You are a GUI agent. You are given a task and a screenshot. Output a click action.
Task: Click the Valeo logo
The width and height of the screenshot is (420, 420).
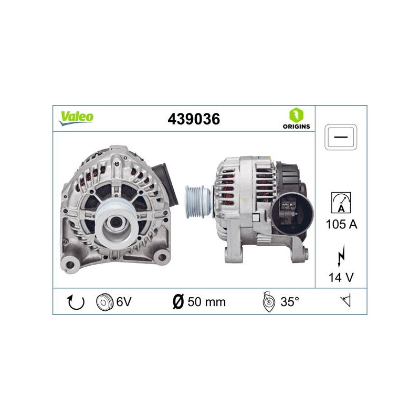click(x=76, y=118)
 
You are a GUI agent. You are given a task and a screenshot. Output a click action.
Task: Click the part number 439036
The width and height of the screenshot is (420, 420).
click(x=194, y=119)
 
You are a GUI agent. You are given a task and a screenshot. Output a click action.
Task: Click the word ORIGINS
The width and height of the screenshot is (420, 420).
click(x=296, y=127)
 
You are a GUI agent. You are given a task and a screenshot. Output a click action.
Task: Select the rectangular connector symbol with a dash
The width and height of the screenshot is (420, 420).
click(x=341, y=137)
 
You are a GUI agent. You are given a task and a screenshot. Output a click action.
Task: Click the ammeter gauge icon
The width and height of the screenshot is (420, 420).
click(x=341, y=203)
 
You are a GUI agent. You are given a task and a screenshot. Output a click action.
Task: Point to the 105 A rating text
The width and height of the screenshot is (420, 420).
click(x=342, y=224)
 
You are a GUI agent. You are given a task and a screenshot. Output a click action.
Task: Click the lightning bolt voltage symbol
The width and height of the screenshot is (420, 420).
click(x=341, y=256)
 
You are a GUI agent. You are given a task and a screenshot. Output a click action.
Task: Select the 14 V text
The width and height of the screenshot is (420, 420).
click(x=341, y=278)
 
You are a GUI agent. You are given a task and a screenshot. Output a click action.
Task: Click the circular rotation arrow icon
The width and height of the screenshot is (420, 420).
click(x=76, y=302)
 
